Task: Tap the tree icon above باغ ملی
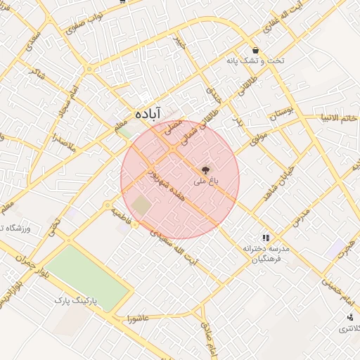click(205, 169)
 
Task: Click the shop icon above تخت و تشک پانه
click(255, 51)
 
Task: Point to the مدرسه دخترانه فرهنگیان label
click(266, 254)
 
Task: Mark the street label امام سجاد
click(63, 100)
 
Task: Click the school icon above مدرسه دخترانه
click(266, 238)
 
